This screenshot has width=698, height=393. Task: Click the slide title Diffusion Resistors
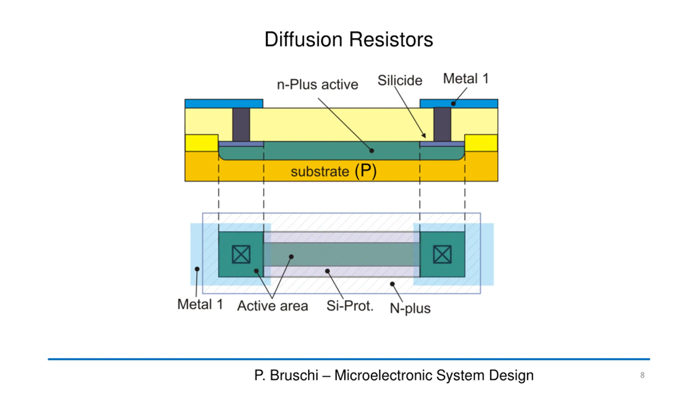click(x=349, y=40)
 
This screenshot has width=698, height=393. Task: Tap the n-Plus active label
click(x=317, y=85)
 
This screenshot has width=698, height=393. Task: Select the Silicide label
click(x=400, y=81)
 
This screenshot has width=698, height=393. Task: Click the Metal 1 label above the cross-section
click(x=466, y=79)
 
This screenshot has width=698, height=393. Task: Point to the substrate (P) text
click(x=333, y=171)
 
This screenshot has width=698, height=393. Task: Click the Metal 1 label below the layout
click(x=200, y=304)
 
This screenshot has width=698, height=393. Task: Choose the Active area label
click(x=273, y=306)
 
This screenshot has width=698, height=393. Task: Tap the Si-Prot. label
click(x=350, y=306)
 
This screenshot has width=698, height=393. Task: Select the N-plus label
click(x=410, y=308)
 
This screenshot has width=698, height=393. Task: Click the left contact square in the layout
click(x=241, y=254)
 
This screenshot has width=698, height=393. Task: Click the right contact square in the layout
click(x=442, y=254)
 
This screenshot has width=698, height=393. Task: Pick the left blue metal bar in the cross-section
click(x=224, y=104)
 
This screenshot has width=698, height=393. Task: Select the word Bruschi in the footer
click(x=294, y=375)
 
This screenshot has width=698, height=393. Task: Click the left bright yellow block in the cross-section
click(x=201, y=143)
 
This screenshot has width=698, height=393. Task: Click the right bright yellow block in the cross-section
click(x=481, y=143)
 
